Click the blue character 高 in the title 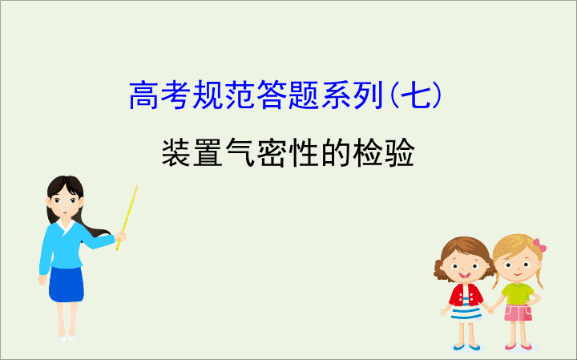[144, 95]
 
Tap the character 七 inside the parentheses [415, 95]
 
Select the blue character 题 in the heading [304, 95]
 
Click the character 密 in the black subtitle [272, 152]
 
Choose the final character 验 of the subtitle [399, 152]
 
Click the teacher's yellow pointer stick [127, 217]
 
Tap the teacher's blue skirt [67, 285]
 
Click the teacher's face [65, 203]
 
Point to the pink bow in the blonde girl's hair [539, 245]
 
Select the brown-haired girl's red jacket [466, 295]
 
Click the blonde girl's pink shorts [518, 313]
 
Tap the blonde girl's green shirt [518, 293]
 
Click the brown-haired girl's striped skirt [466, 312]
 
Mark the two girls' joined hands [490, 310]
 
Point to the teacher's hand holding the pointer [120, 236]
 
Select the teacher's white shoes [67, 338]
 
